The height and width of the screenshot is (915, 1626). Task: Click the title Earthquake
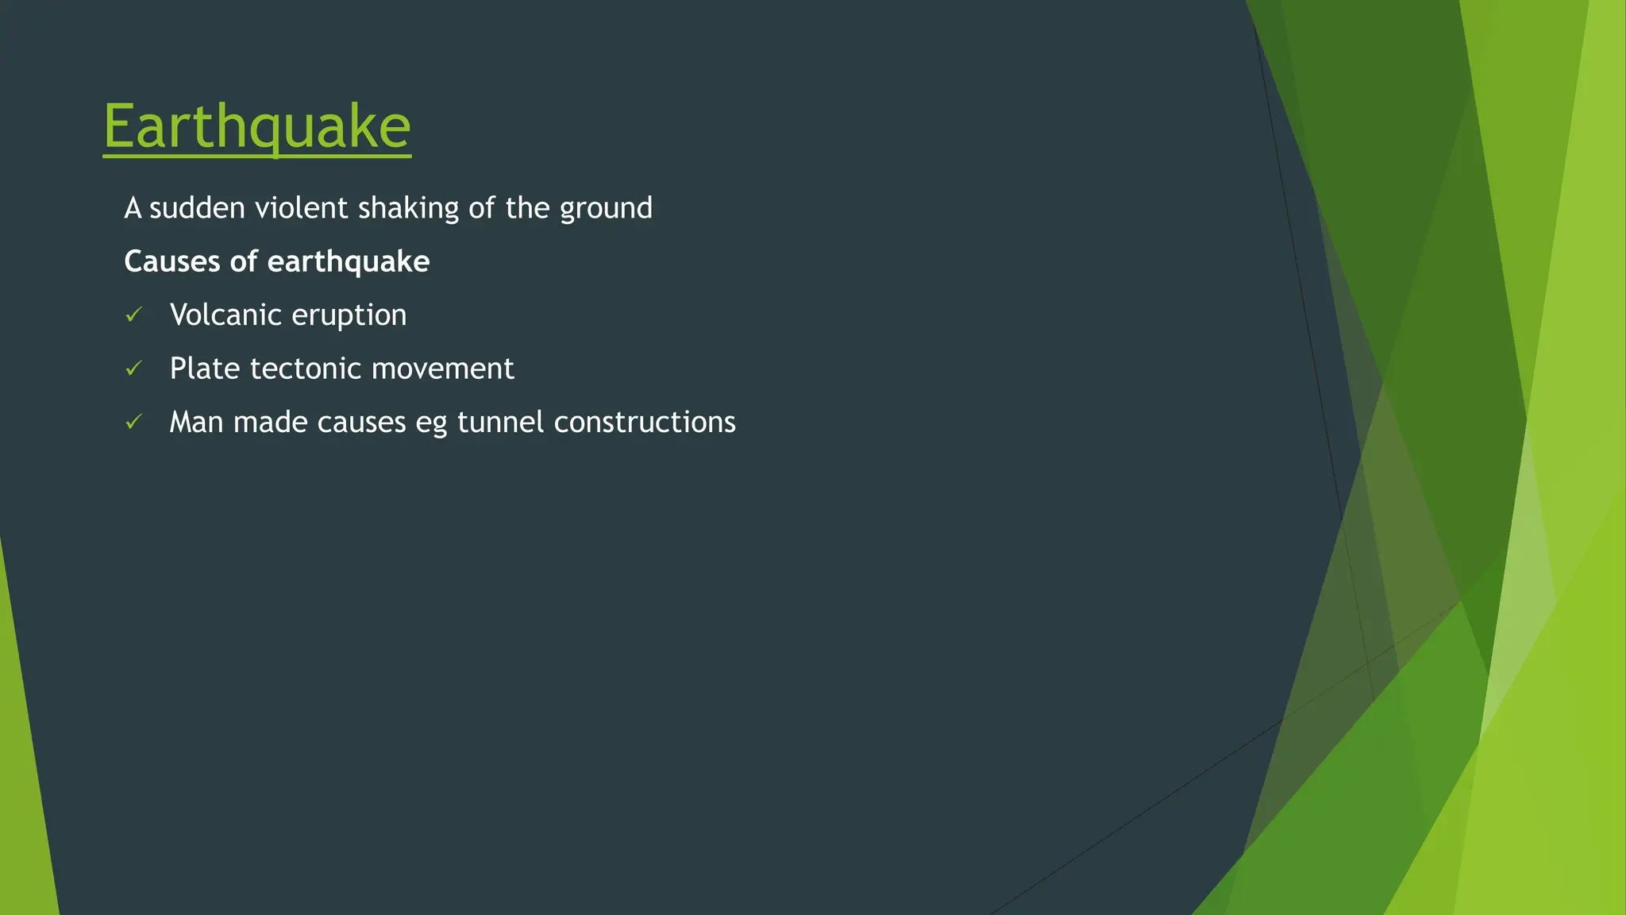(x=256, y=126)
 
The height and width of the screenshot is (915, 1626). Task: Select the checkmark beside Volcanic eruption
(x=133, y=315)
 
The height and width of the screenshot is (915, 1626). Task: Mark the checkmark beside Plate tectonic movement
(x=133, y=369)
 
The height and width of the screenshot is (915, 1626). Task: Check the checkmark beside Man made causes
(x=133, y=422)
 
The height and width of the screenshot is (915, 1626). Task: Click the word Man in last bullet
(x=196, y=422)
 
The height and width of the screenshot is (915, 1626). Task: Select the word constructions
(x=644, y=422)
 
